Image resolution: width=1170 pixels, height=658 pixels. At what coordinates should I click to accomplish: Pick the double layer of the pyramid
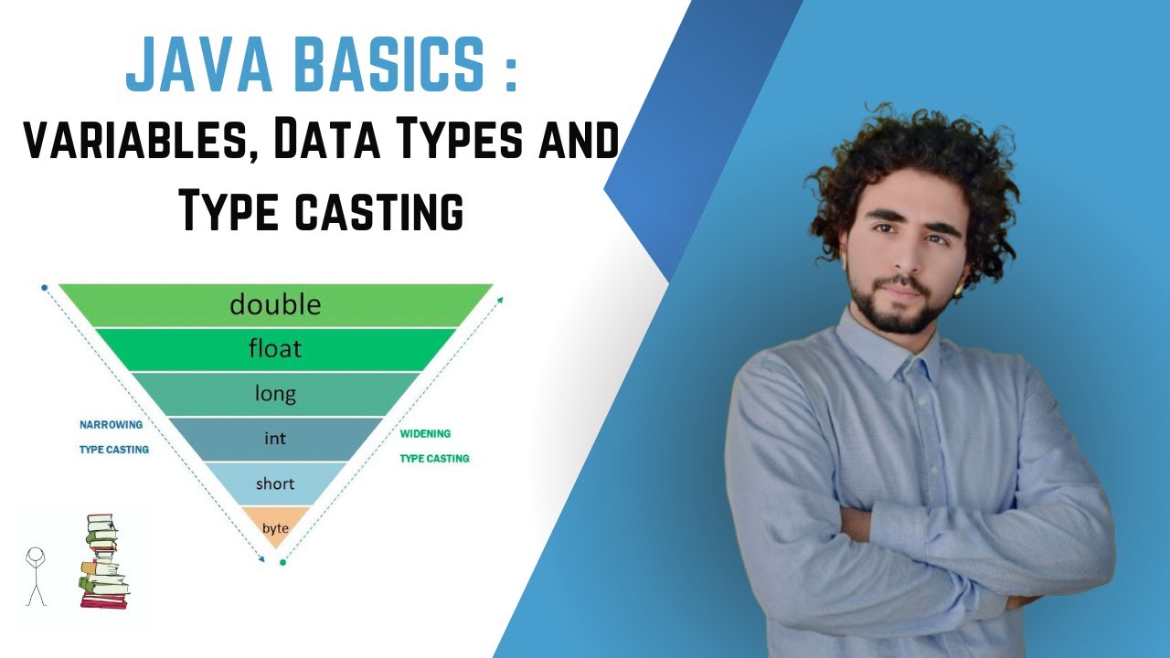click(275, 304)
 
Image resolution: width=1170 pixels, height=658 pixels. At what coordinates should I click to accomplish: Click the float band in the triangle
click(275, 349)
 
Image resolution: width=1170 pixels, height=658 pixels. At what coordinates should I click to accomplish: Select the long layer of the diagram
click(275, 394)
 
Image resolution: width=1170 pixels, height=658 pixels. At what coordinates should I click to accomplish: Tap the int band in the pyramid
click(275, 439)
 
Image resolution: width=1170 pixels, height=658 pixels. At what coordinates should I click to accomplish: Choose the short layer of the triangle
click(275, 483)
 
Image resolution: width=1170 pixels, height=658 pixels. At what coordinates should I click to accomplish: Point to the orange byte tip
click(275, 527)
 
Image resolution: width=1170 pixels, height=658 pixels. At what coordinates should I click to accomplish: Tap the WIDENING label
click(425, 434)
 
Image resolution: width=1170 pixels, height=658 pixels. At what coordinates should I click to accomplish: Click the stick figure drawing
click(36, 575)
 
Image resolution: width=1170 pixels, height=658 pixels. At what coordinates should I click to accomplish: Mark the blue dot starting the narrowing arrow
click(45, 288)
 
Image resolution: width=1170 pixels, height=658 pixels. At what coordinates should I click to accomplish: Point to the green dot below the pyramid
click(282, 562)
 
